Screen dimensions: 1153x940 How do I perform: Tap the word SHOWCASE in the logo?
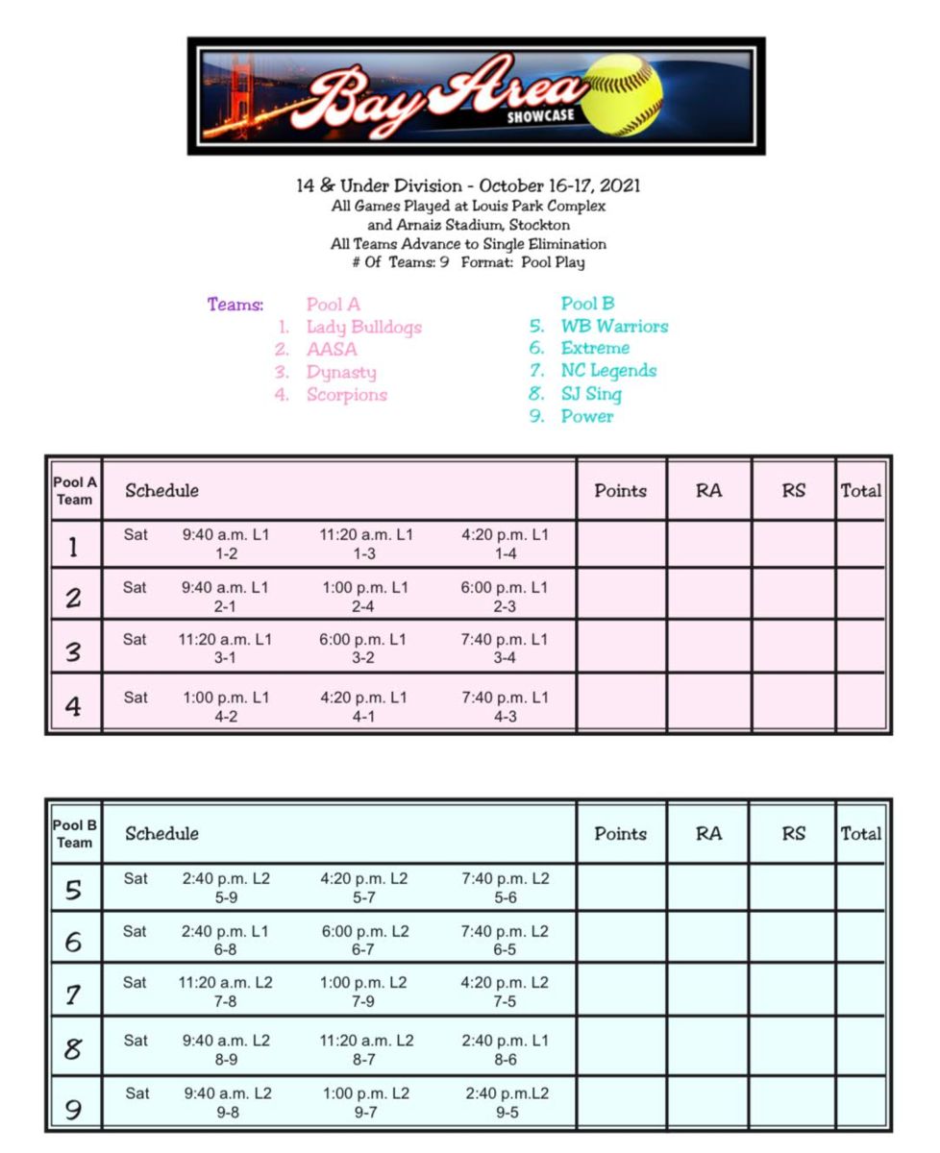tap(541, 117)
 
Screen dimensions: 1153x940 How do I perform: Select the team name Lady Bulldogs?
tap(363, 328)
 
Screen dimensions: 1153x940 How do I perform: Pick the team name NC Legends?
tap(608, 371)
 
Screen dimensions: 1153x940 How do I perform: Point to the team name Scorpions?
tap(346, 395)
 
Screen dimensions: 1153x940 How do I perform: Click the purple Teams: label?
tap(235, 306)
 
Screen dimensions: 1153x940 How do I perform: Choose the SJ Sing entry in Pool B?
tap(591, 394)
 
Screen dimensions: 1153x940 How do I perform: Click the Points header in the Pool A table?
tap(620, 491)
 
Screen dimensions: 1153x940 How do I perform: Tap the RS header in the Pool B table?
tap(793, 834)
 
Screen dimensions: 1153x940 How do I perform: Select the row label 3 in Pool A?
tap(73, 653)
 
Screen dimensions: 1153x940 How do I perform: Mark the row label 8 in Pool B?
tap(73, 1049)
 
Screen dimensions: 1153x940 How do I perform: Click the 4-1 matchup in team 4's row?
tap(362, 717)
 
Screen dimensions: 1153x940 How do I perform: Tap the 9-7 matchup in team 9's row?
tap(365, 1113)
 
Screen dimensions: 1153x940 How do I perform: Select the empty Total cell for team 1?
tap(860, 545)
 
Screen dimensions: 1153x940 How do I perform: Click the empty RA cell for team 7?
tap(708, 990)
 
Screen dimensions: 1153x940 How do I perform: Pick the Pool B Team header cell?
tap(74, 834)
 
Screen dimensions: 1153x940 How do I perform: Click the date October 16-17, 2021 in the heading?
tap(560, 185)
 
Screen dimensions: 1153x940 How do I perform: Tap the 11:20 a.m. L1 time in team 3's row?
tap(225, 640)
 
